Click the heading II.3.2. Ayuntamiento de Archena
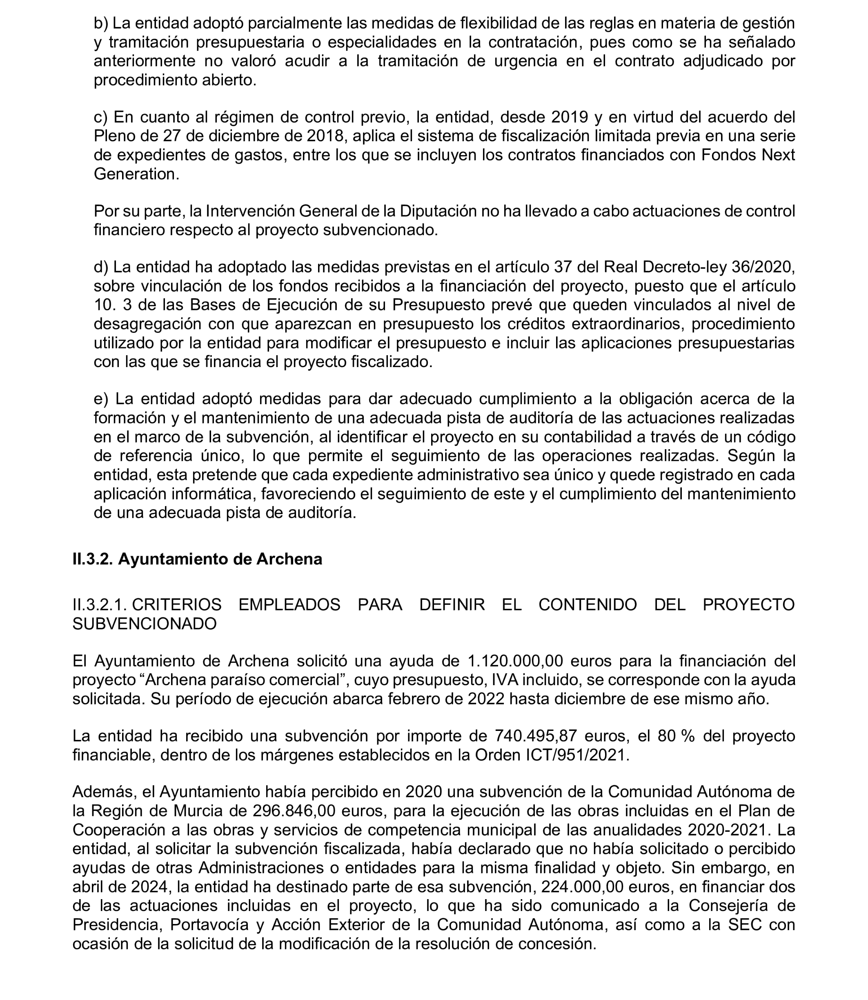(197, 559)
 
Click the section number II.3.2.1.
(100, 605)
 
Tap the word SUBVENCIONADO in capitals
(145, 624)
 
